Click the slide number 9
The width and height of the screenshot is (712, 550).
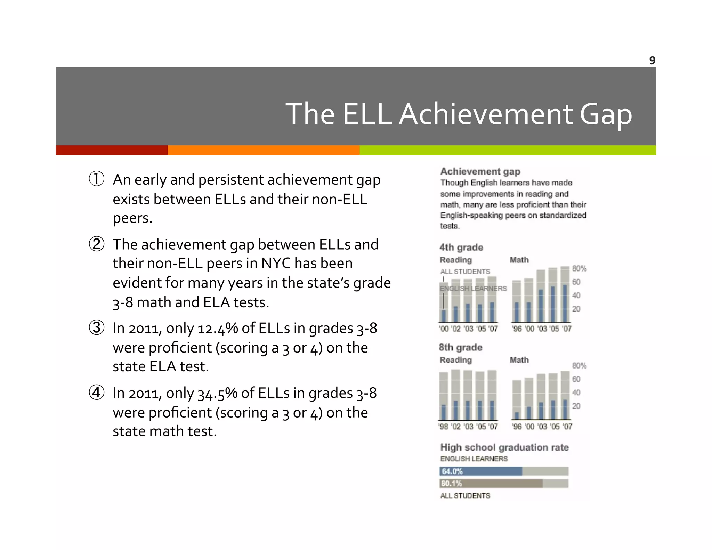tap(652, 60)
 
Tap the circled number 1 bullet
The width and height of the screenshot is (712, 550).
tap(96, 179)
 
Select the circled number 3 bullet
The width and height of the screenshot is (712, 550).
tap(96, 327)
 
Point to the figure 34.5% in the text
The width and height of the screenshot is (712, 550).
tap(218, 393)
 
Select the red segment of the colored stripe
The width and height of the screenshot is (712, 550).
tap(112, 150)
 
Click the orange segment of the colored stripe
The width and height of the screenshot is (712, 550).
tap(263, 150)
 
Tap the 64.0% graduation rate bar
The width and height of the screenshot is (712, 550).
tap(481, 471)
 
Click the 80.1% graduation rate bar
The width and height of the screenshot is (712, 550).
tap(491, 483)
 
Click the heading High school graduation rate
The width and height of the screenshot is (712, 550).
tap(504, 447)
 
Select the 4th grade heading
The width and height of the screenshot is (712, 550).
tap(461, 247)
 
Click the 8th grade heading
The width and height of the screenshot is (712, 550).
tap(460, 347)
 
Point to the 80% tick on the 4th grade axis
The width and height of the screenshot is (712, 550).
tap(579, 268)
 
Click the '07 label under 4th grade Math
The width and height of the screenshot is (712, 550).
tap(567, 329)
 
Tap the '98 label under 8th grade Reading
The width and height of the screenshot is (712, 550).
tap(443, 426)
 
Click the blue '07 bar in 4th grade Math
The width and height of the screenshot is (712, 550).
tap(565, 303)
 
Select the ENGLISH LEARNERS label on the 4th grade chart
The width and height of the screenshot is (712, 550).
tap(473, 289)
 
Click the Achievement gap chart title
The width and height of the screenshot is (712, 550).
tap(480, 171)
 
